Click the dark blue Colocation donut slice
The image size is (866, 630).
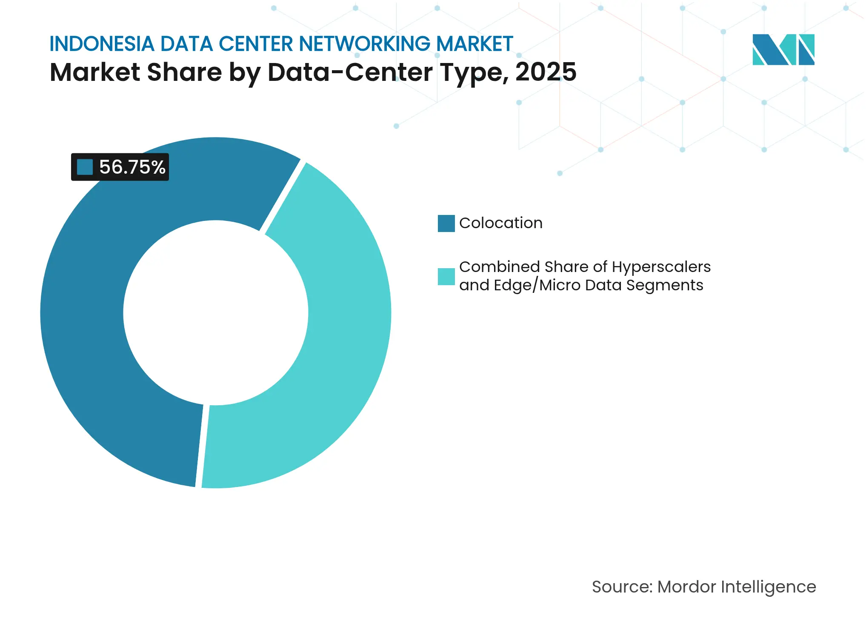click(x=85, y=341)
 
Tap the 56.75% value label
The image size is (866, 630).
click(x=132, y=167)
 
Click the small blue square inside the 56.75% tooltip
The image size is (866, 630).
click(x=85, y=167)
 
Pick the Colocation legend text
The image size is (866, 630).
click(x=500, y=223)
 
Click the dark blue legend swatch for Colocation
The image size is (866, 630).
click(x=446, y=223)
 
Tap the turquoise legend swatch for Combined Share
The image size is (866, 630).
click(x=446, y=277)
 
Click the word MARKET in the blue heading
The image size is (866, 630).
click(x=474, y=44)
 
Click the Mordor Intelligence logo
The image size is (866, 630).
click(x=783, y=49)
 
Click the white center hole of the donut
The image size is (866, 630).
click(x=216, y=313)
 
